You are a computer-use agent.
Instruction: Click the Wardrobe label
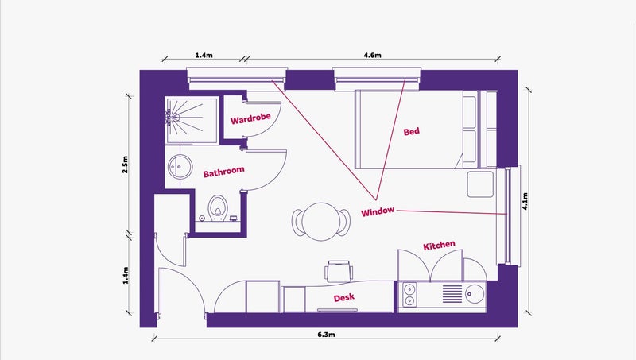250,118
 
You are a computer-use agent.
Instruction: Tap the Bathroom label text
224,172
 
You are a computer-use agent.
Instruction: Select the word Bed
411,131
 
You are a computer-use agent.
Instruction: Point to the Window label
378,211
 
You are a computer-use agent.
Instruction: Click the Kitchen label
440,246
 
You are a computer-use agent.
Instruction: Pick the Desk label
344,298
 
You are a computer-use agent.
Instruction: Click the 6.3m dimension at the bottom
326,335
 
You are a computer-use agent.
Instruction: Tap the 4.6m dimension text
372,55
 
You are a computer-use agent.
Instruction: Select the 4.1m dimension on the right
525,201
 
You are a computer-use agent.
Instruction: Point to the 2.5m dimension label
125,165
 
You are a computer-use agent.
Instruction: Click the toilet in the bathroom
218,208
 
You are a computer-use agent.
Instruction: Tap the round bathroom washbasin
180,166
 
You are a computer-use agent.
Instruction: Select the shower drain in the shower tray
176,118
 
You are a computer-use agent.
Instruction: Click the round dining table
321,222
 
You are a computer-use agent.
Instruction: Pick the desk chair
339,271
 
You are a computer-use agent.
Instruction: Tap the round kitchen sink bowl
475,294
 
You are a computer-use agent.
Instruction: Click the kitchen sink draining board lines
452,294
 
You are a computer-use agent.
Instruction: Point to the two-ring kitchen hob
409,295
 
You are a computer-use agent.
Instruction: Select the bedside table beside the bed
480,184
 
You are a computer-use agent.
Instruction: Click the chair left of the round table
299,223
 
